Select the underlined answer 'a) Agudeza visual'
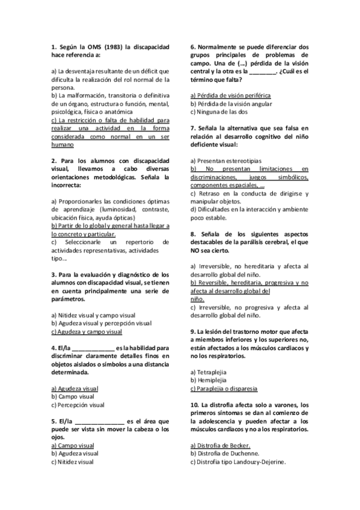75,389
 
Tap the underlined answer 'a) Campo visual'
72,445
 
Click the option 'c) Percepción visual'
78,405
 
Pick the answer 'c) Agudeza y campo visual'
87,331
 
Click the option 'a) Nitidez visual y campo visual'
93,315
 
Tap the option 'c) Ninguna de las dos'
218,112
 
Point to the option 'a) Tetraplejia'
208,372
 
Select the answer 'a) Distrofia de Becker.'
220,445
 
